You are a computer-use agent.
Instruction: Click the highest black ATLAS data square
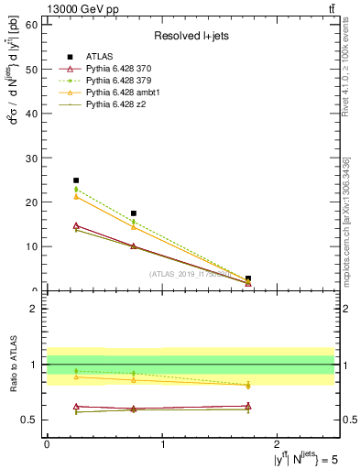click(x=76, y=180)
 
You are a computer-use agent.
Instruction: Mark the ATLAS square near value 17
click(x=134, y=213)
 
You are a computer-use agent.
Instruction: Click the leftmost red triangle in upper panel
click(x=76, y=225)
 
